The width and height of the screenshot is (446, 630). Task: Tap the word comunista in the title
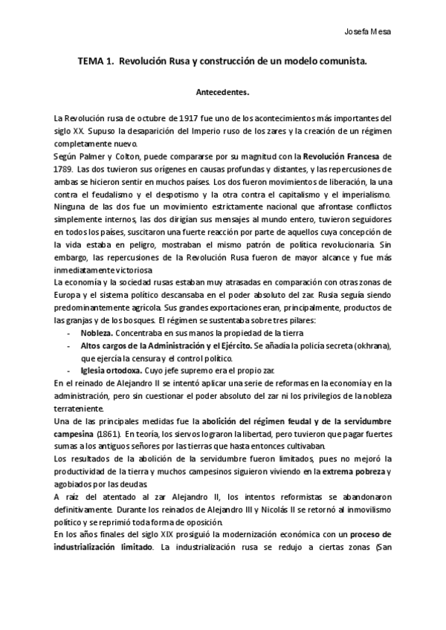pos(342,63)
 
